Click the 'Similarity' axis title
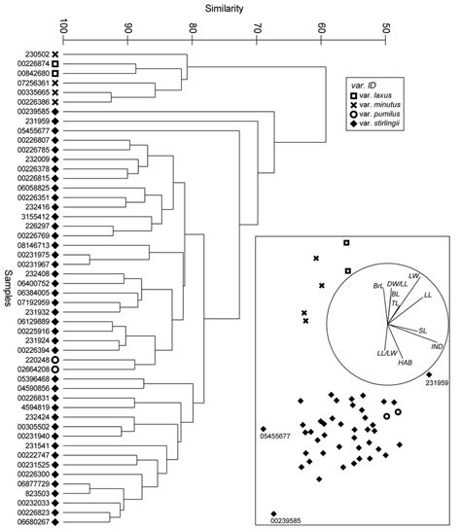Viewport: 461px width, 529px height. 225,8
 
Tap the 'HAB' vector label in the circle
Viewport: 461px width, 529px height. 405,362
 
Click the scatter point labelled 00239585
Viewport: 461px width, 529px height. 273,513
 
